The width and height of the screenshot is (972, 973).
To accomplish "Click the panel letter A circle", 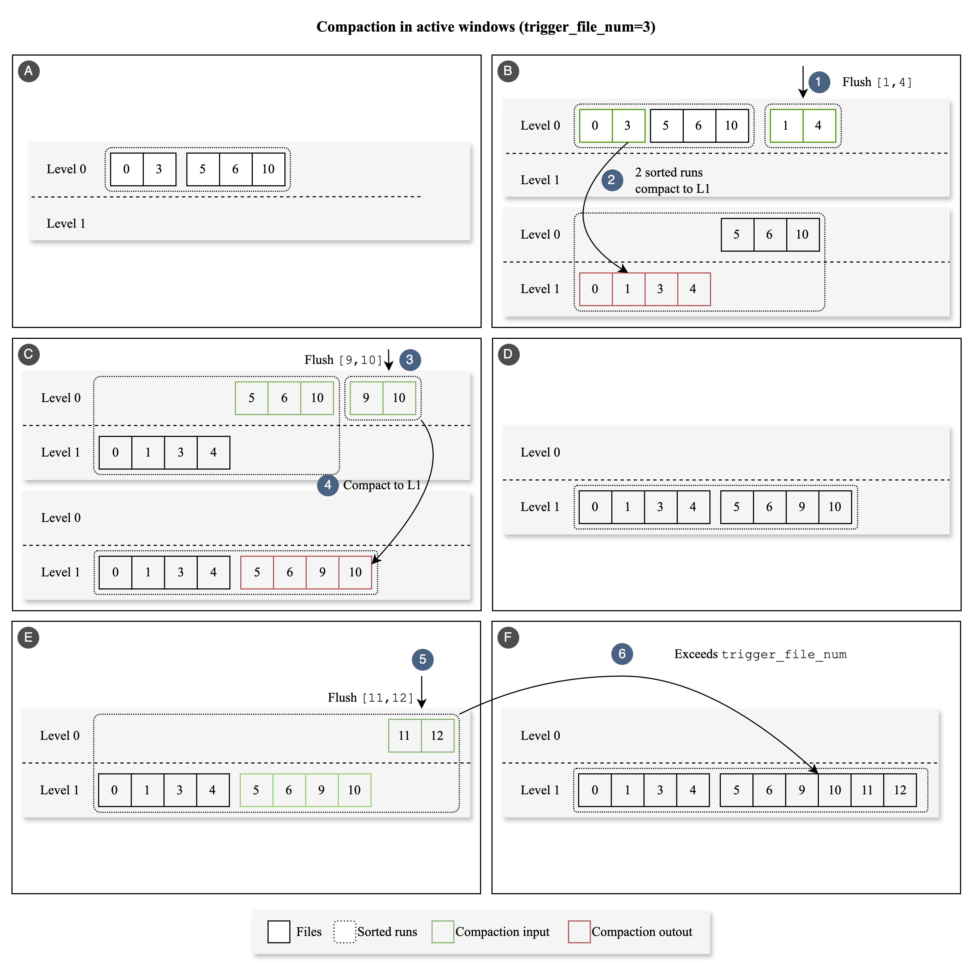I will (x=29, y=71).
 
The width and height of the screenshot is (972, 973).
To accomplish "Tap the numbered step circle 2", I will (x=612, y=180).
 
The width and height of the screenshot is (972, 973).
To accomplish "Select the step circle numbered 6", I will (x=622, y=654).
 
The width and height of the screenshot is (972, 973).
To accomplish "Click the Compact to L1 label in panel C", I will (x=382, y=485).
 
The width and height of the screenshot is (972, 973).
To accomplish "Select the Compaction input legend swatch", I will (x=443, y=932).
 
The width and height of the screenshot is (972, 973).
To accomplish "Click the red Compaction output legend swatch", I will (x=579, y=932).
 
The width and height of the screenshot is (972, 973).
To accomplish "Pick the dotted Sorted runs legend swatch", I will (x=345, y=932).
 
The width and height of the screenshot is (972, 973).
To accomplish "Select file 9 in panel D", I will (x=802, y=507).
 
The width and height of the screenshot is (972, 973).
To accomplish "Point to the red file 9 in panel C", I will (x=322, y=572).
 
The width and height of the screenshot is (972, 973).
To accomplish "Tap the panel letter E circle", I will (x=28, y=638).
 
